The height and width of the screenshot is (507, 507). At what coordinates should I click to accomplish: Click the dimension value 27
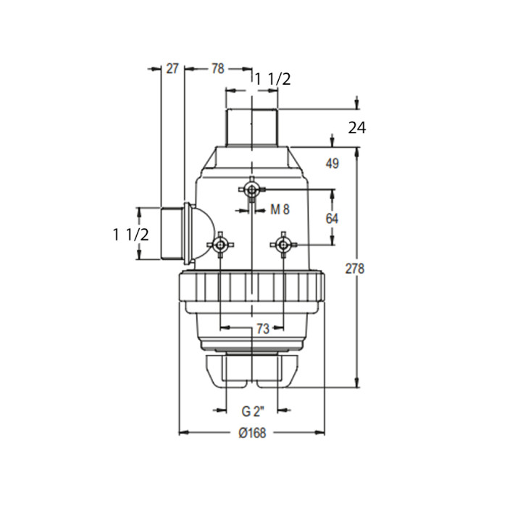point(172,69)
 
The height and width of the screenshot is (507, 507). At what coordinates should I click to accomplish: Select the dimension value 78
point(217,69)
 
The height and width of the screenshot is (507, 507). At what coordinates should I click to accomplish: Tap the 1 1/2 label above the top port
point(273,79)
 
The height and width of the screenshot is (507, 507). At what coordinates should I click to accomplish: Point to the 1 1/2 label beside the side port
point(131,235)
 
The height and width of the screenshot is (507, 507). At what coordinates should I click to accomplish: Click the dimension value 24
point(357,128)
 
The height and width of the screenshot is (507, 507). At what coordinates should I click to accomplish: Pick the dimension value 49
point(332,164)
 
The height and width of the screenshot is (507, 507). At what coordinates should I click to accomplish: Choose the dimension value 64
point(332,219)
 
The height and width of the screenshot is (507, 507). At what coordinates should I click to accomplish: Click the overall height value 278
point(355,269)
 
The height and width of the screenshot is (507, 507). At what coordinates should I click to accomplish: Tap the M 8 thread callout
point(280,210)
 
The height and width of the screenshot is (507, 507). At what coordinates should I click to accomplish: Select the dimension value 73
point(262,329)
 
